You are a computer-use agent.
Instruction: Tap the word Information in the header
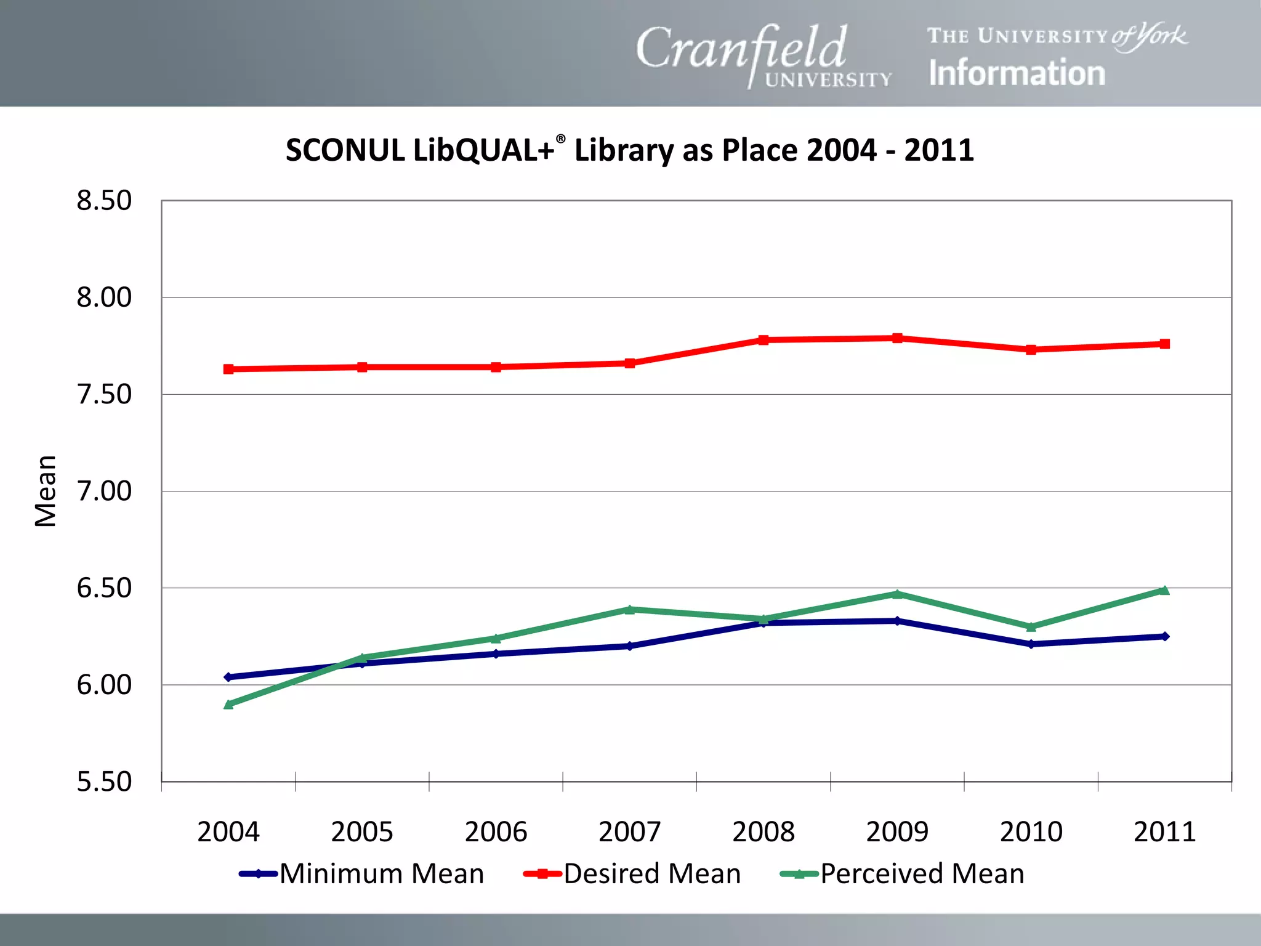1017,73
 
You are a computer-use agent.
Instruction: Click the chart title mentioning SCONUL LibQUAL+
629,150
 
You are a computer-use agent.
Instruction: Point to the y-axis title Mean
46,491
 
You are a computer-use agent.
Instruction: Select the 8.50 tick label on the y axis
103,201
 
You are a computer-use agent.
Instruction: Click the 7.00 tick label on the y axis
103,491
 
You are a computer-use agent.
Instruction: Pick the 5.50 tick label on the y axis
103,782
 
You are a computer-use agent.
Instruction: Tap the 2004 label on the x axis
228,832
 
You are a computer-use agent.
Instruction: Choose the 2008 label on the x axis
763,832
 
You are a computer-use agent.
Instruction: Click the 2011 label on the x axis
1164,832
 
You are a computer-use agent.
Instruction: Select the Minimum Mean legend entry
361,874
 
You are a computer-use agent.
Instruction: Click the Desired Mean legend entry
632,874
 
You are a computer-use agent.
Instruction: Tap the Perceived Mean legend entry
902,874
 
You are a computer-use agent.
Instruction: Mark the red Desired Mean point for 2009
897,338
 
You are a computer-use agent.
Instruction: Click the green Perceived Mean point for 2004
228,704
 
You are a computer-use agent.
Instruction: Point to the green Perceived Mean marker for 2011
1164,591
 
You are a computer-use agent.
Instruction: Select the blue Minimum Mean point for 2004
228,677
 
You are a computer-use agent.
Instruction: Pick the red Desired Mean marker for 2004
228,369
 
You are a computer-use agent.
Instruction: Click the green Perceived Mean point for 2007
630,610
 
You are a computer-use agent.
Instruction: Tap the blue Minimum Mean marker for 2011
1164,636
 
